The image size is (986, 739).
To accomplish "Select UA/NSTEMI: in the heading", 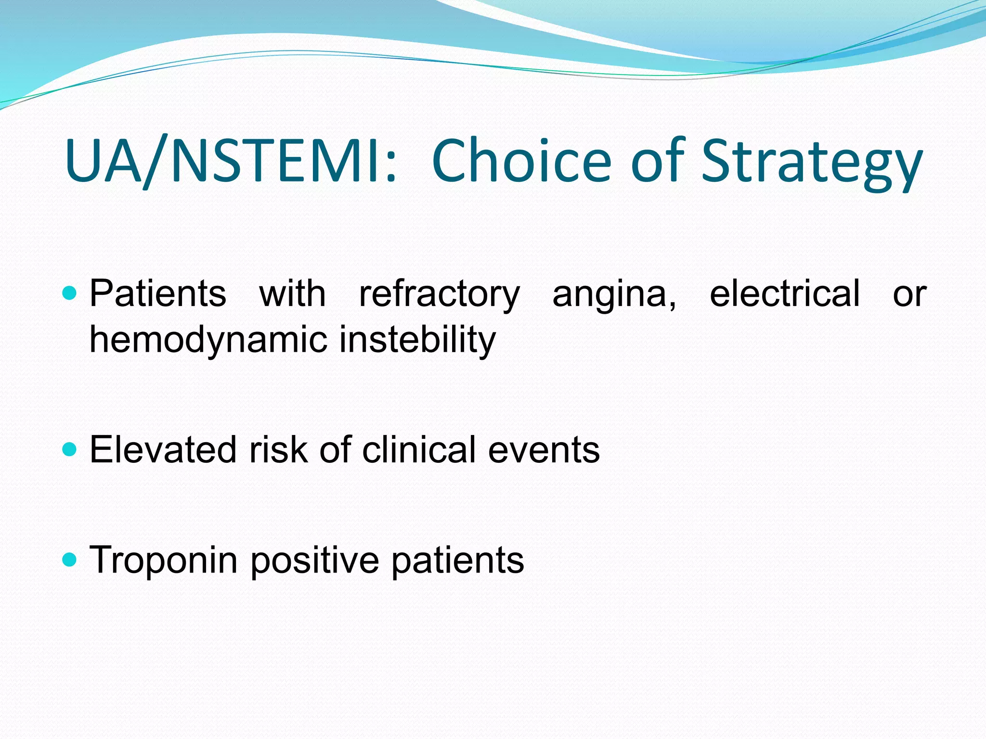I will pyautogui.click(x=231, y=161).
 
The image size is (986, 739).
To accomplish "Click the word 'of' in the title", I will pyautogui.click(x=658, y=161).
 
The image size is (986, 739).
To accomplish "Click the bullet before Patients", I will pyautogui.click(x=70, y=293).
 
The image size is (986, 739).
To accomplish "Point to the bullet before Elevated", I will pyautogui.click(x=70, y=450).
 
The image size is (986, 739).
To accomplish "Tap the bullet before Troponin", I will pyautogui.click(x=70, y=560).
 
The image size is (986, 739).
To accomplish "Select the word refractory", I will pyautogui.click(x=439, y=294).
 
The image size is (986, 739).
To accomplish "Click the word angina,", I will pyautogui.click(x=614, y=294).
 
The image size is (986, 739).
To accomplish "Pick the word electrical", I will pyautogui.click(x=784, y=293).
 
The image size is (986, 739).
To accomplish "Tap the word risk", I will pyautogui.click(x=278, y=450).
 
